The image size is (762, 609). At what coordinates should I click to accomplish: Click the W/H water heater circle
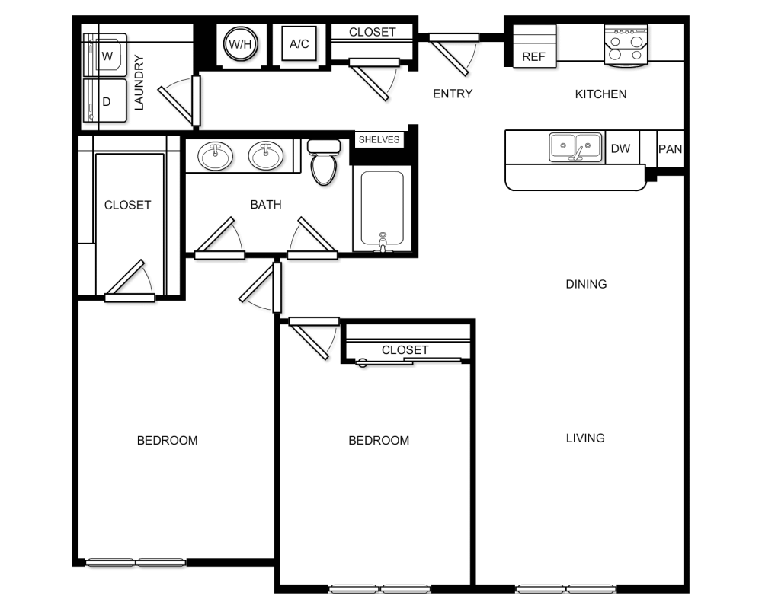[241, 44]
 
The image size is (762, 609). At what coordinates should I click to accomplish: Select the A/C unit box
[299, 44]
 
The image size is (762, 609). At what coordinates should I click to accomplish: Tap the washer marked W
[106, 56]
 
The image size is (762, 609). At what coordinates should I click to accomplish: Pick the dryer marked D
[106, 100]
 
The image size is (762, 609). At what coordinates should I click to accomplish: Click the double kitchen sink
[576, 146]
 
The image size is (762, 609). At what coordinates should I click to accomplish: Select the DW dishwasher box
[621, 148]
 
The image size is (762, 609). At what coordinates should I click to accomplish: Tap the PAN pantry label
[670, 148]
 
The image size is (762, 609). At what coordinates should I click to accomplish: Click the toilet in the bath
[324, 161]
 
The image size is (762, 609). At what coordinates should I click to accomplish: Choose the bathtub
[381, 210]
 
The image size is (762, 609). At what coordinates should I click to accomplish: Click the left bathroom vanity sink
[216, 156]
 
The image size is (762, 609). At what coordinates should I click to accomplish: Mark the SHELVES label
[379, 140]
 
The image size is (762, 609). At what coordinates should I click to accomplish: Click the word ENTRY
[453, 94]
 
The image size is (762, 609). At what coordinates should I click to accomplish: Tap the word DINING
[586, 284]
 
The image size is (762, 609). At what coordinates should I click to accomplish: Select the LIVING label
[585, 438]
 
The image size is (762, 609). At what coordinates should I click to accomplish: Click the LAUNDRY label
[139, 83]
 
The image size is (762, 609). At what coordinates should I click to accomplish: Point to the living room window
[565, 588]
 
